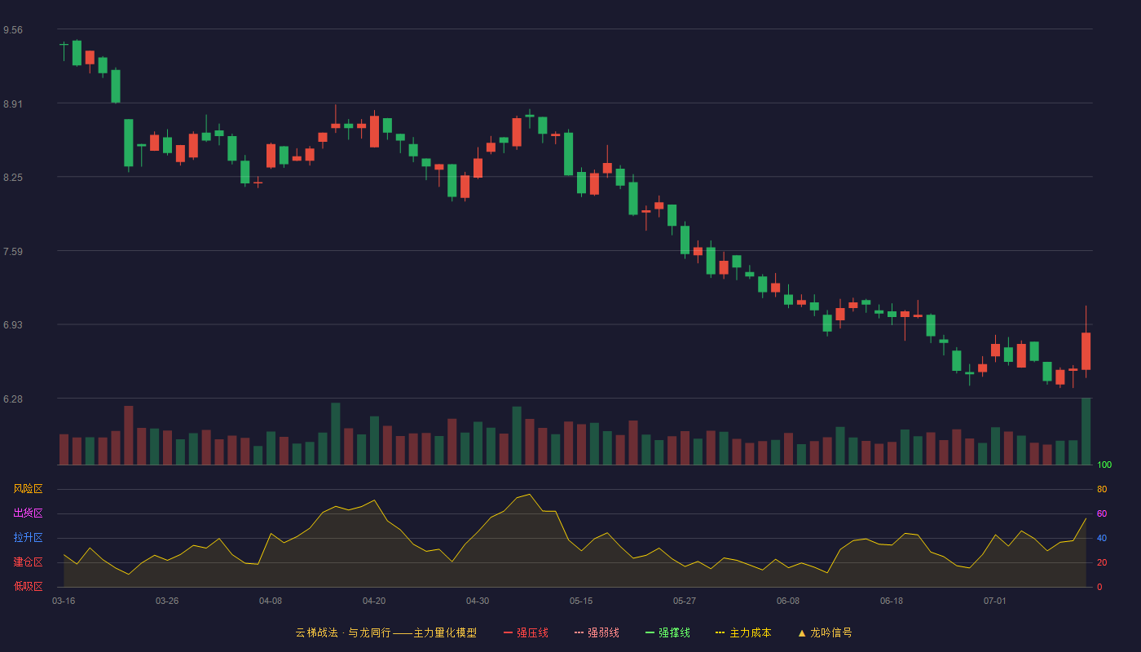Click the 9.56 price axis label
pos(13,30)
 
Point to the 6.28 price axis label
pos(13,399)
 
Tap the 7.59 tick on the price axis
pos(13,252)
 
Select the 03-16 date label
pos(64,601)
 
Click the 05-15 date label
pos(581,601)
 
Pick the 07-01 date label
pos(995,601)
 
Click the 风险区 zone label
pos(28,489)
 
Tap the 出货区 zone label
pos(28,513)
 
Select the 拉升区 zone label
pos(28,537)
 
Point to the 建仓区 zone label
pos(28,562)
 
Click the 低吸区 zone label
pos(28,586)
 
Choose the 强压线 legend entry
pos(526,632)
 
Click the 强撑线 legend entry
pos(667,632)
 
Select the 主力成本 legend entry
pos(743,632)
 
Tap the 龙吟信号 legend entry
pos(825,632)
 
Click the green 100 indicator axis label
pos(1104,465)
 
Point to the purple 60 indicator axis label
pos(1102,513)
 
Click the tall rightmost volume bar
pos(1086,431)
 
